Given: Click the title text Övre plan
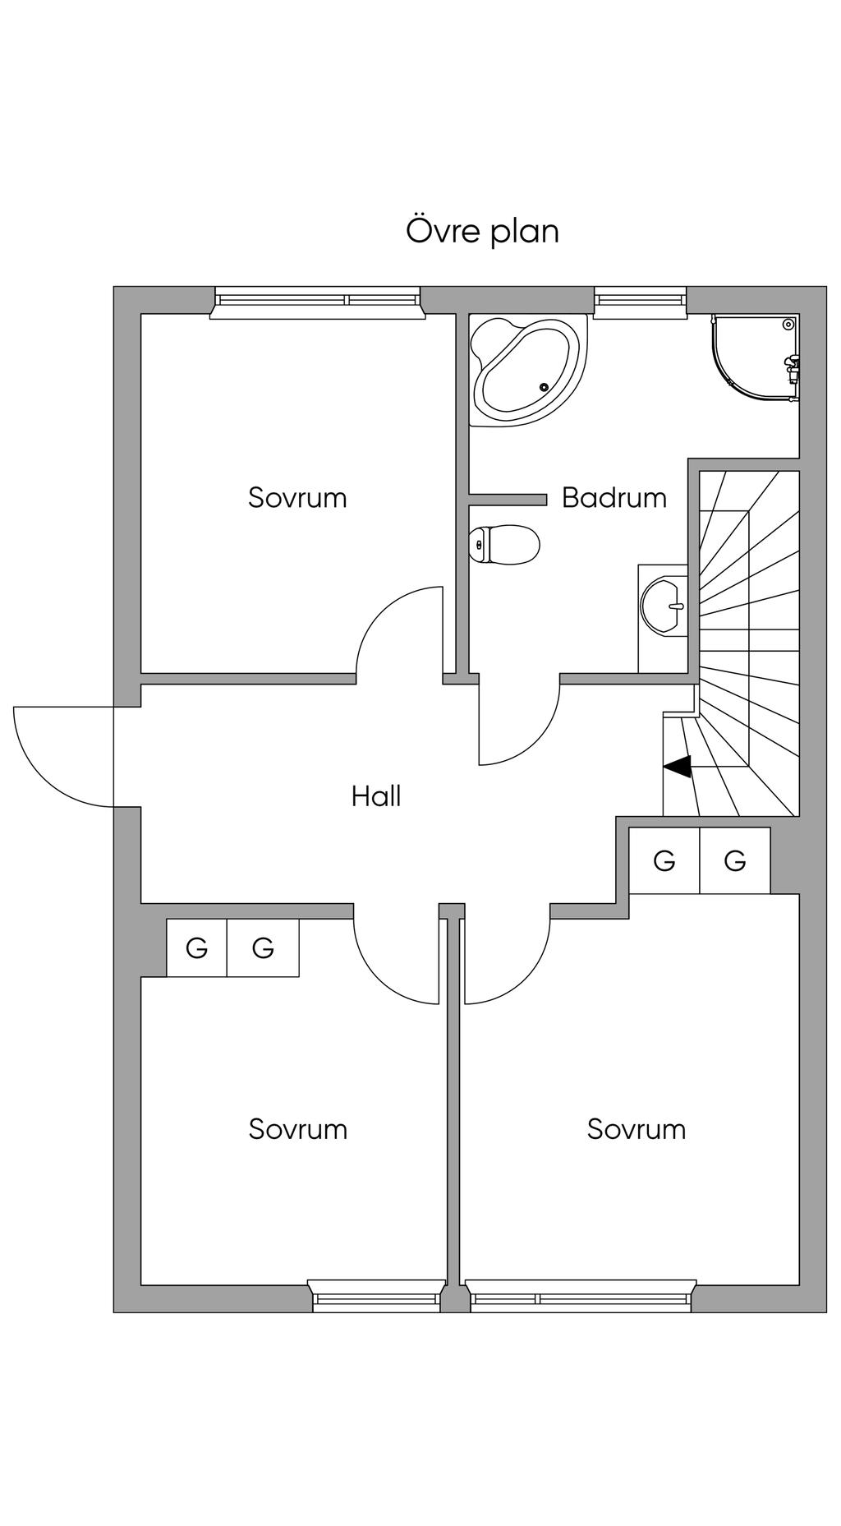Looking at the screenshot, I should coord(482,232).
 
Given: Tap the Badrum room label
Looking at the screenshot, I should coord(614,497).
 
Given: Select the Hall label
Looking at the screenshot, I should coord(376,795).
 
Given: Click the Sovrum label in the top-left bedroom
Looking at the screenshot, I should coord(297,497).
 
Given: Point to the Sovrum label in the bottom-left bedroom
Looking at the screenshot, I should coord(297,1128).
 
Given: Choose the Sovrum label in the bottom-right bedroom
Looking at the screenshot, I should coord(636,1128).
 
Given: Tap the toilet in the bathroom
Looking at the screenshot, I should coord(504,544).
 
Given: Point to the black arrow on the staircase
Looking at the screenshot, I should coord(678,767).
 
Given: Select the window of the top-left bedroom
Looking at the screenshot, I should coord(317,302).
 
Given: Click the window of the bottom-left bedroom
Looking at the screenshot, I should coord(376,1296).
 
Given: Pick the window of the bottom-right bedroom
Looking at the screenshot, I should coord(580,1296).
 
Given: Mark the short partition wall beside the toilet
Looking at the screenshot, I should coord(508,500).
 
